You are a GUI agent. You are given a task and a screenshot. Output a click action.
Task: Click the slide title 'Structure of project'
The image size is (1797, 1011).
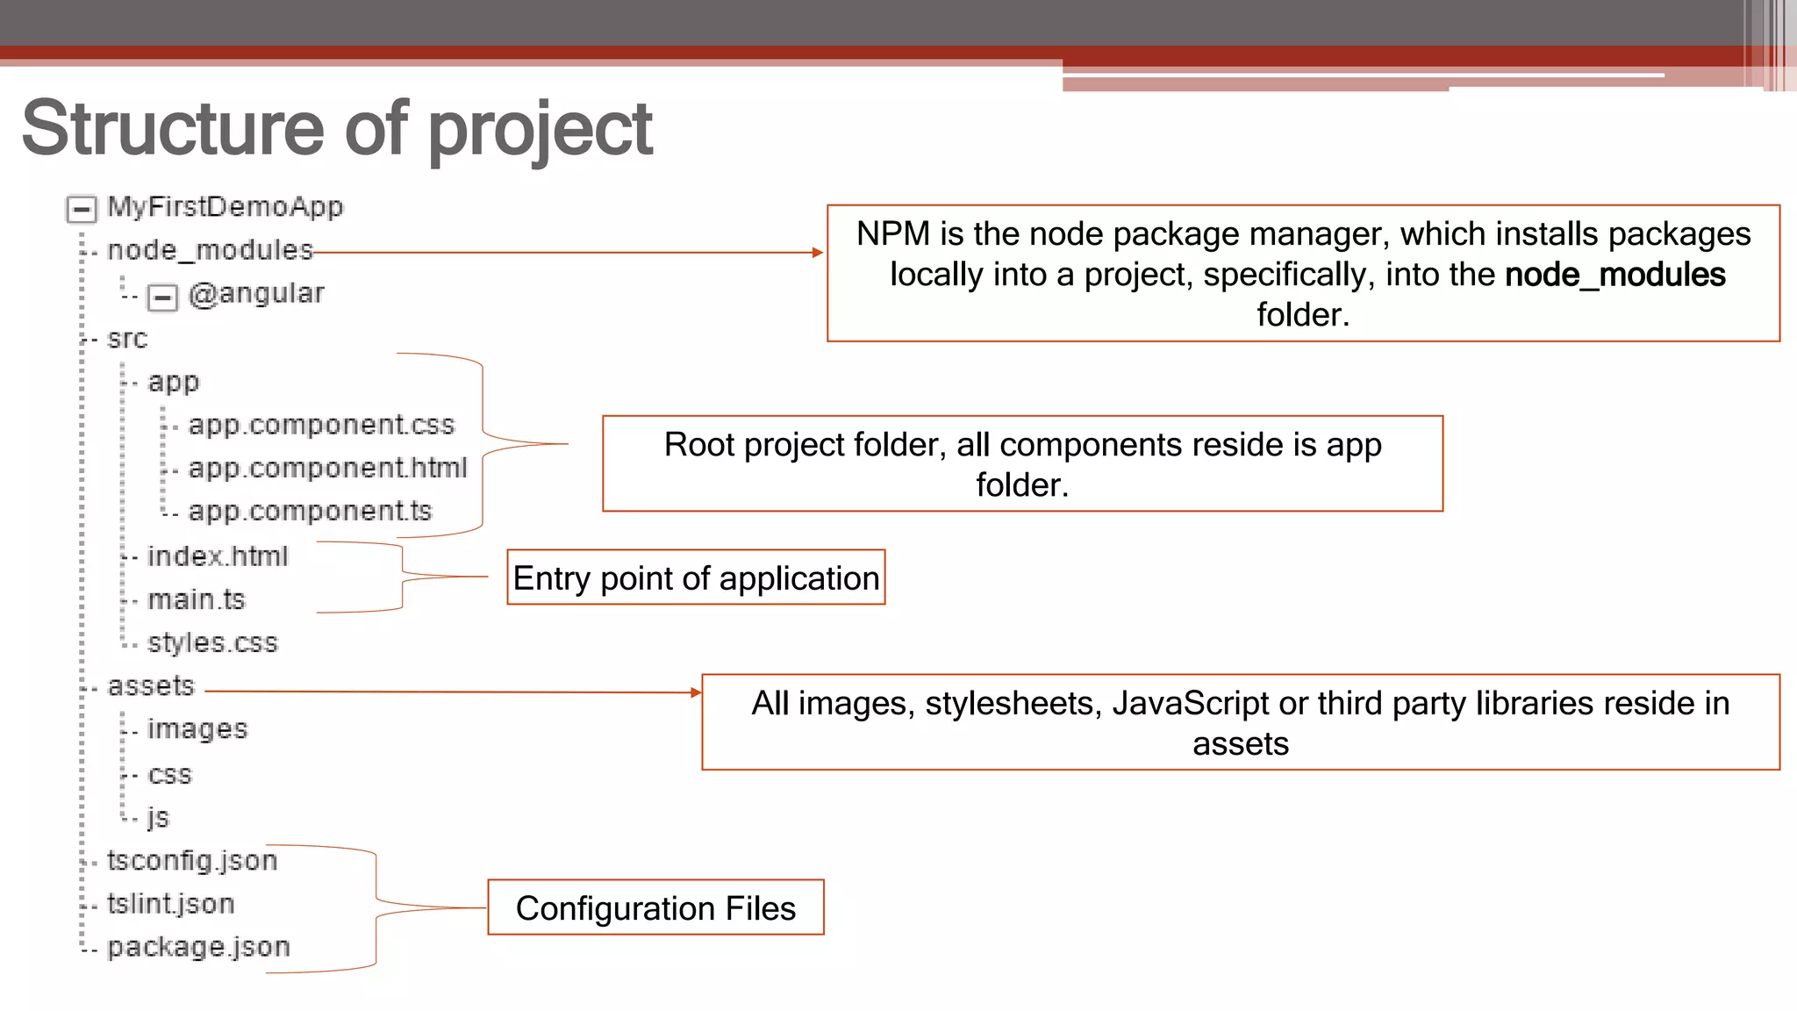click(337, 129)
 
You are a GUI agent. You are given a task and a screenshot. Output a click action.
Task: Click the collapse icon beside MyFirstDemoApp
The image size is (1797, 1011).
click(82, 209)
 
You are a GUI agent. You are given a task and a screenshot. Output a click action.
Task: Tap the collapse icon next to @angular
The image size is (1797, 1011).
click(162, 298)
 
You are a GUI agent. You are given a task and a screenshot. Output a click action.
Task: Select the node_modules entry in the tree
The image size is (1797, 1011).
click(210, 251)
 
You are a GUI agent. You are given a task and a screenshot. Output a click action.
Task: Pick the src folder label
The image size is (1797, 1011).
click(127, 339)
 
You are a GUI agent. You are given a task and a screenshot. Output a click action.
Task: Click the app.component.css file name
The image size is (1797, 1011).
click(321, 425)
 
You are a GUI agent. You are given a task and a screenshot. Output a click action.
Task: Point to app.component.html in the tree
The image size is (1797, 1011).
click(327, 468)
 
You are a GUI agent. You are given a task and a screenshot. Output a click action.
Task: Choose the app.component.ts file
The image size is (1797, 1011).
click(310, 511)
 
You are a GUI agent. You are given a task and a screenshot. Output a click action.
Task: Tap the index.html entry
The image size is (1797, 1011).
click(218, 556)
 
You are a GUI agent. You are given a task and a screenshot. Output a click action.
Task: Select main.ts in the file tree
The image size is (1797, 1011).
click(197, 599)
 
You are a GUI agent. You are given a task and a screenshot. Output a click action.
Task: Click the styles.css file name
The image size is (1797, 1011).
click(212, 642)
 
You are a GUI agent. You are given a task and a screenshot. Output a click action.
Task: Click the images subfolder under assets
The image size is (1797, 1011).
click(197, 728)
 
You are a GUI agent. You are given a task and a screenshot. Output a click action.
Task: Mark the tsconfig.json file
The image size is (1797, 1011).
click(192, 861)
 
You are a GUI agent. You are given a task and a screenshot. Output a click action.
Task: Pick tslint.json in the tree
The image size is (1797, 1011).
click(171, 904)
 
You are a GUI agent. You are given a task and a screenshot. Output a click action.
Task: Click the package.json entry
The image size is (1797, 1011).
click(198, 947)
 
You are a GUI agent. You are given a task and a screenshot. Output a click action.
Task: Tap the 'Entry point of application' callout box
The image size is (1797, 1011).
click(696, 577)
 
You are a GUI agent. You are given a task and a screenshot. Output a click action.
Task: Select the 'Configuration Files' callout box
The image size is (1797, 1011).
click(655, 907)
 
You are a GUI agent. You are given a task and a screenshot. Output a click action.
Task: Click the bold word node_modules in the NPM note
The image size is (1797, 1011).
click(1614, 275)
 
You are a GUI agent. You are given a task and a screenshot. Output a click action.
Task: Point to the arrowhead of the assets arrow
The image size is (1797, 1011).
click(696, 692)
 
